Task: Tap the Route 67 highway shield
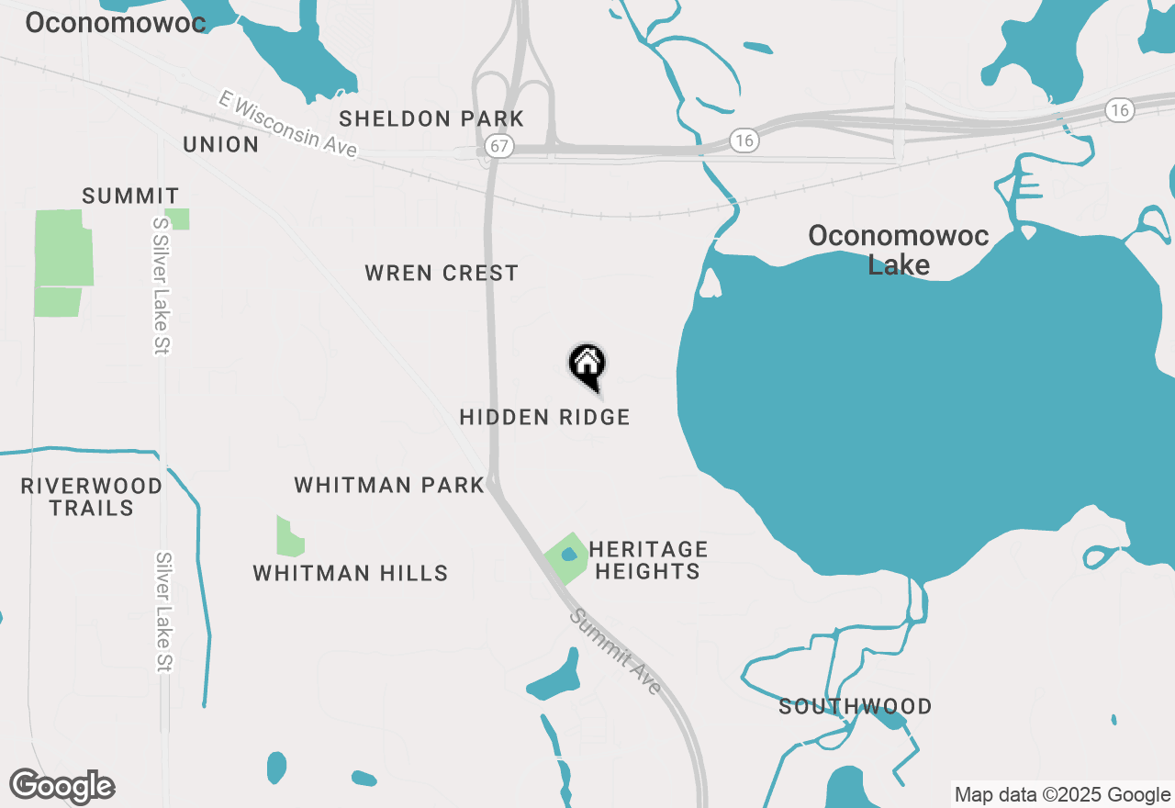click(x=500, y=146)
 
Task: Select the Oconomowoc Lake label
click(x=898, y=250)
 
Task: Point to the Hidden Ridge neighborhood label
click(x=544, y=417)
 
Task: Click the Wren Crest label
click(x=442, y=273)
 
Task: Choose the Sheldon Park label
click(x=431, y=118)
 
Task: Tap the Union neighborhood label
click(x=220, y=144)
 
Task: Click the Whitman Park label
click(x=389, y=485)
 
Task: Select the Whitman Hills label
click(x=351, y=573)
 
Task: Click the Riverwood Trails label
click(x=92, y=497)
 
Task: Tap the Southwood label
click(x=856, y=706)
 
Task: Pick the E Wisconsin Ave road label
click(x=287, y=124)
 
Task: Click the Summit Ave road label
click(x=615, y=651)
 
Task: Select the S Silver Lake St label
click(x=162, y=285)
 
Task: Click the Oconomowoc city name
click(x=116, y=22)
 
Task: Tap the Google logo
click(x=62, y=787)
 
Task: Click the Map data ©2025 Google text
click(x=1062, y=795)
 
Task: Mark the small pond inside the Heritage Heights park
click(x=568, y=555)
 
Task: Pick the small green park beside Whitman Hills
click(x=289, y=537)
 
